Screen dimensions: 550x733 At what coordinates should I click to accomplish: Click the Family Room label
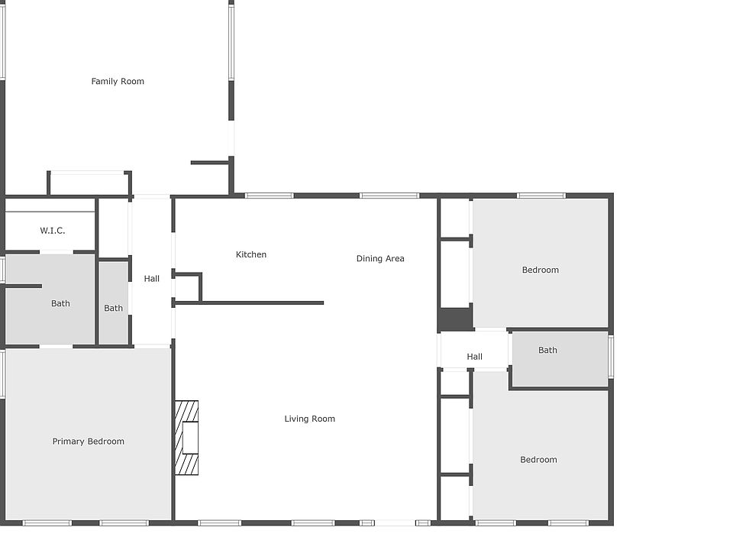tap(118, 81)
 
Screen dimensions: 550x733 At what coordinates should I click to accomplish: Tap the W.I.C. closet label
tap(53, 231)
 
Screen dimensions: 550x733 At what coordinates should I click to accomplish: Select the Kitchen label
tap(251, 254)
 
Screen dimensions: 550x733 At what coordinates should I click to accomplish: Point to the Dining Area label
tap(380, 258)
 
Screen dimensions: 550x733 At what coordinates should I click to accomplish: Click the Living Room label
tap(309, 419)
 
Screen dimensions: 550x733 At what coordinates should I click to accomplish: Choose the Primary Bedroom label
tap(88, 442)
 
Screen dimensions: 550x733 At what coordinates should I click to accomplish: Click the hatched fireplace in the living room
tap(187, 438)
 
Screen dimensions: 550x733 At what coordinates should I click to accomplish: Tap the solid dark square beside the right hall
tap(456, 319)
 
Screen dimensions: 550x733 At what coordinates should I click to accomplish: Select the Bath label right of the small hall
tap(547, 351)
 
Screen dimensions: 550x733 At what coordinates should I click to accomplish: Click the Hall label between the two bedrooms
tap(475, 357)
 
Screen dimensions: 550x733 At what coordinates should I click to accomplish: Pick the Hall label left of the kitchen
tap(152, 279)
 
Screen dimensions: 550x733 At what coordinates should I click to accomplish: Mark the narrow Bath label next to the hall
tap(113, 309)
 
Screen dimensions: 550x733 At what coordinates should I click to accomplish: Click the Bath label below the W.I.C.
tap(60, 303)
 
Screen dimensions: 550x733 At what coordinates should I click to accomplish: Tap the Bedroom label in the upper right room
tap(541, 270)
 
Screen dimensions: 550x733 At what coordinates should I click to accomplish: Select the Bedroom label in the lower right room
tap(538, 460)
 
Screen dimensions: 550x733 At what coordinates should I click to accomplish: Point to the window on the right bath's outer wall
tap(611, 357)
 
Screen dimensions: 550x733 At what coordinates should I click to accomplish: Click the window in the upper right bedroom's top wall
tap(541, 196)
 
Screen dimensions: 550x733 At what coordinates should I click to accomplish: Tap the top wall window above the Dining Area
tap(389, 196)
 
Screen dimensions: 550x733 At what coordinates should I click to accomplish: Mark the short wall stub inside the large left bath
tap(23, 286)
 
